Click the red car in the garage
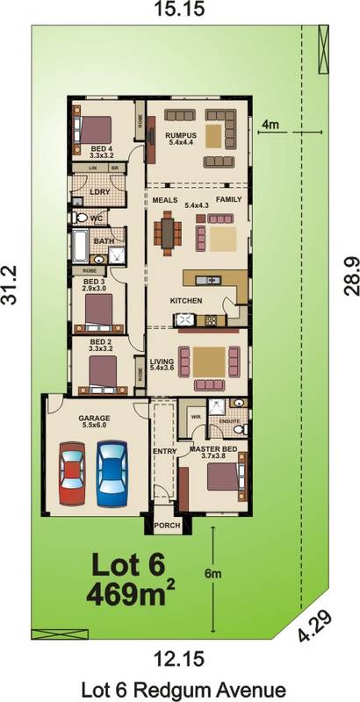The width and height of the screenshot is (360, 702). pyautogui.click(x=73, y=474)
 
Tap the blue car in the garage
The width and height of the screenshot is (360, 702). pyautogui.click(x=112, y=470)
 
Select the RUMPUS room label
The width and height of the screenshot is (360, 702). pyautogui.click(x=179, y=134)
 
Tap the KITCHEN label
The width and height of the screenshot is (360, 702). pyautogui.click(x=186, y=301)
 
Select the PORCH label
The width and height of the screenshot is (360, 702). pyautogui.click(x=167, y=526)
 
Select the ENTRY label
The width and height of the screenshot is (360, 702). pyautogui.click(x=164, y=451)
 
